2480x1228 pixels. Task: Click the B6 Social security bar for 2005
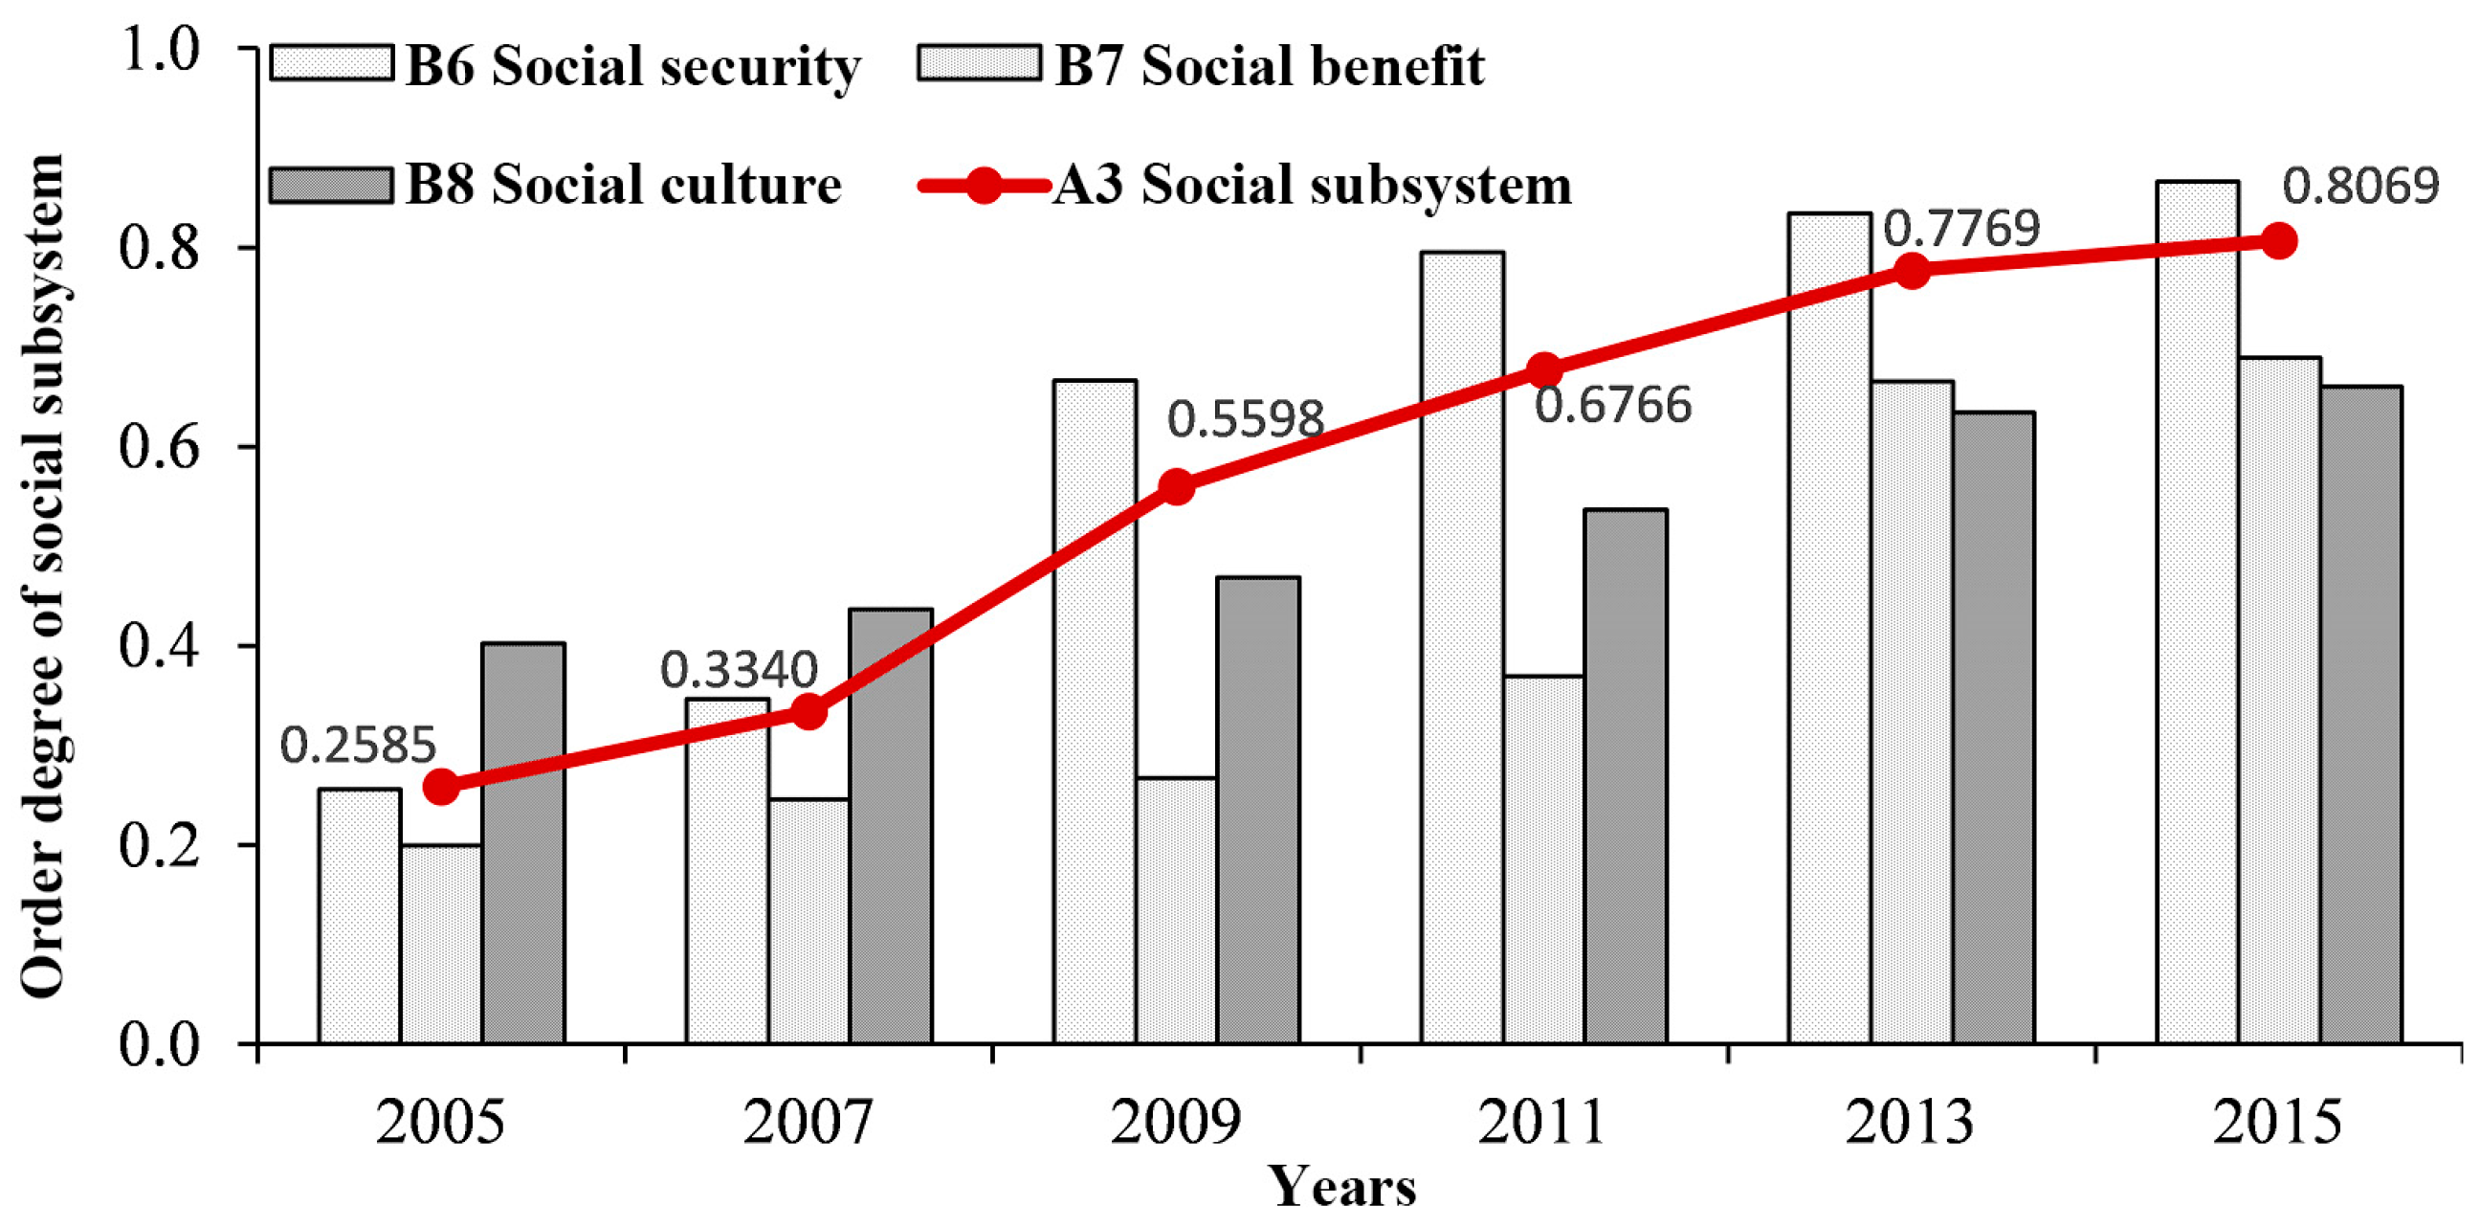pyautogui.click(x=359, y=915)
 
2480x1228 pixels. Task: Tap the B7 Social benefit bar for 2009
pyautogui.click(x=1177, y=910)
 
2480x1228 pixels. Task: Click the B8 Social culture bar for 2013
pyautogui.click(x=1994, y=727)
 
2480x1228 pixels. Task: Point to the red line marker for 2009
pyautogui.click(x=1177, y=486)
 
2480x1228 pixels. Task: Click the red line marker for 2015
pyautogui.click(x=2279, y=241)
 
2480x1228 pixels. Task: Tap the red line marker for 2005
pyautogui.click(x=441, y=787)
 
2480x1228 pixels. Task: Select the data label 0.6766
pyautogui.click(x=1612, y=406)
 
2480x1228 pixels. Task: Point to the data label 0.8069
pyautogui.click(x=2360, y=187)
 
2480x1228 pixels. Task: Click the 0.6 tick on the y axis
pyautogui.click(x=159, y=448)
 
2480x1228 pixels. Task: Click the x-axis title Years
pyautogui.click(x=1342, y=1188)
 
